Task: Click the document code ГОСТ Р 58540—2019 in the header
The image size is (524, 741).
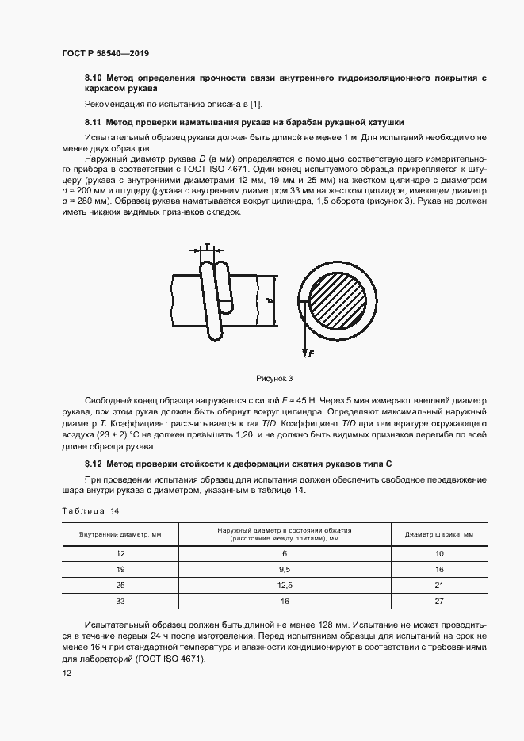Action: tap(105, 53)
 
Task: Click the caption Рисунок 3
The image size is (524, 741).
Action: tap(274, 378)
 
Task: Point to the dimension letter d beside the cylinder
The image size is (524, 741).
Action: tap(269, 300)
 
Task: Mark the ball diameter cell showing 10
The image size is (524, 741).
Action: tap(439, 554)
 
